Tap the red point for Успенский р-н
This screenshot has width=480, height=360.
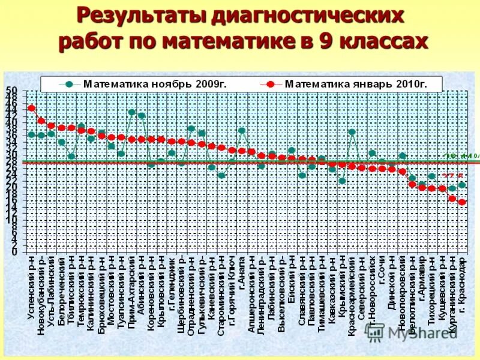[31, 109]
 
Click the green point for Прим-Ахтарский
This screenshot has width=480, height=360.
[131, 112]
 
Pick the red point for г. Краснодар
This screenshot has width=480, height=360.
[461, 202]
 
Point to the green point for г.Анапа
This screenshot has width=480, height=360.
[242, 130]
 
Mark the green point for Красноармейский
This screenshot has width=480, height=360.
[352, 132]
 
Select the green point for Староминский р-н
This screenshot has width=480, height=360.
[221, 176]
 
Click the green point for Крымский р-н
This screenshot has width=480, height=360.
[341, 181]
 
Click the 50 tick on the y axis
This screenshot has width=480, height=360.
[12, 91]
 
